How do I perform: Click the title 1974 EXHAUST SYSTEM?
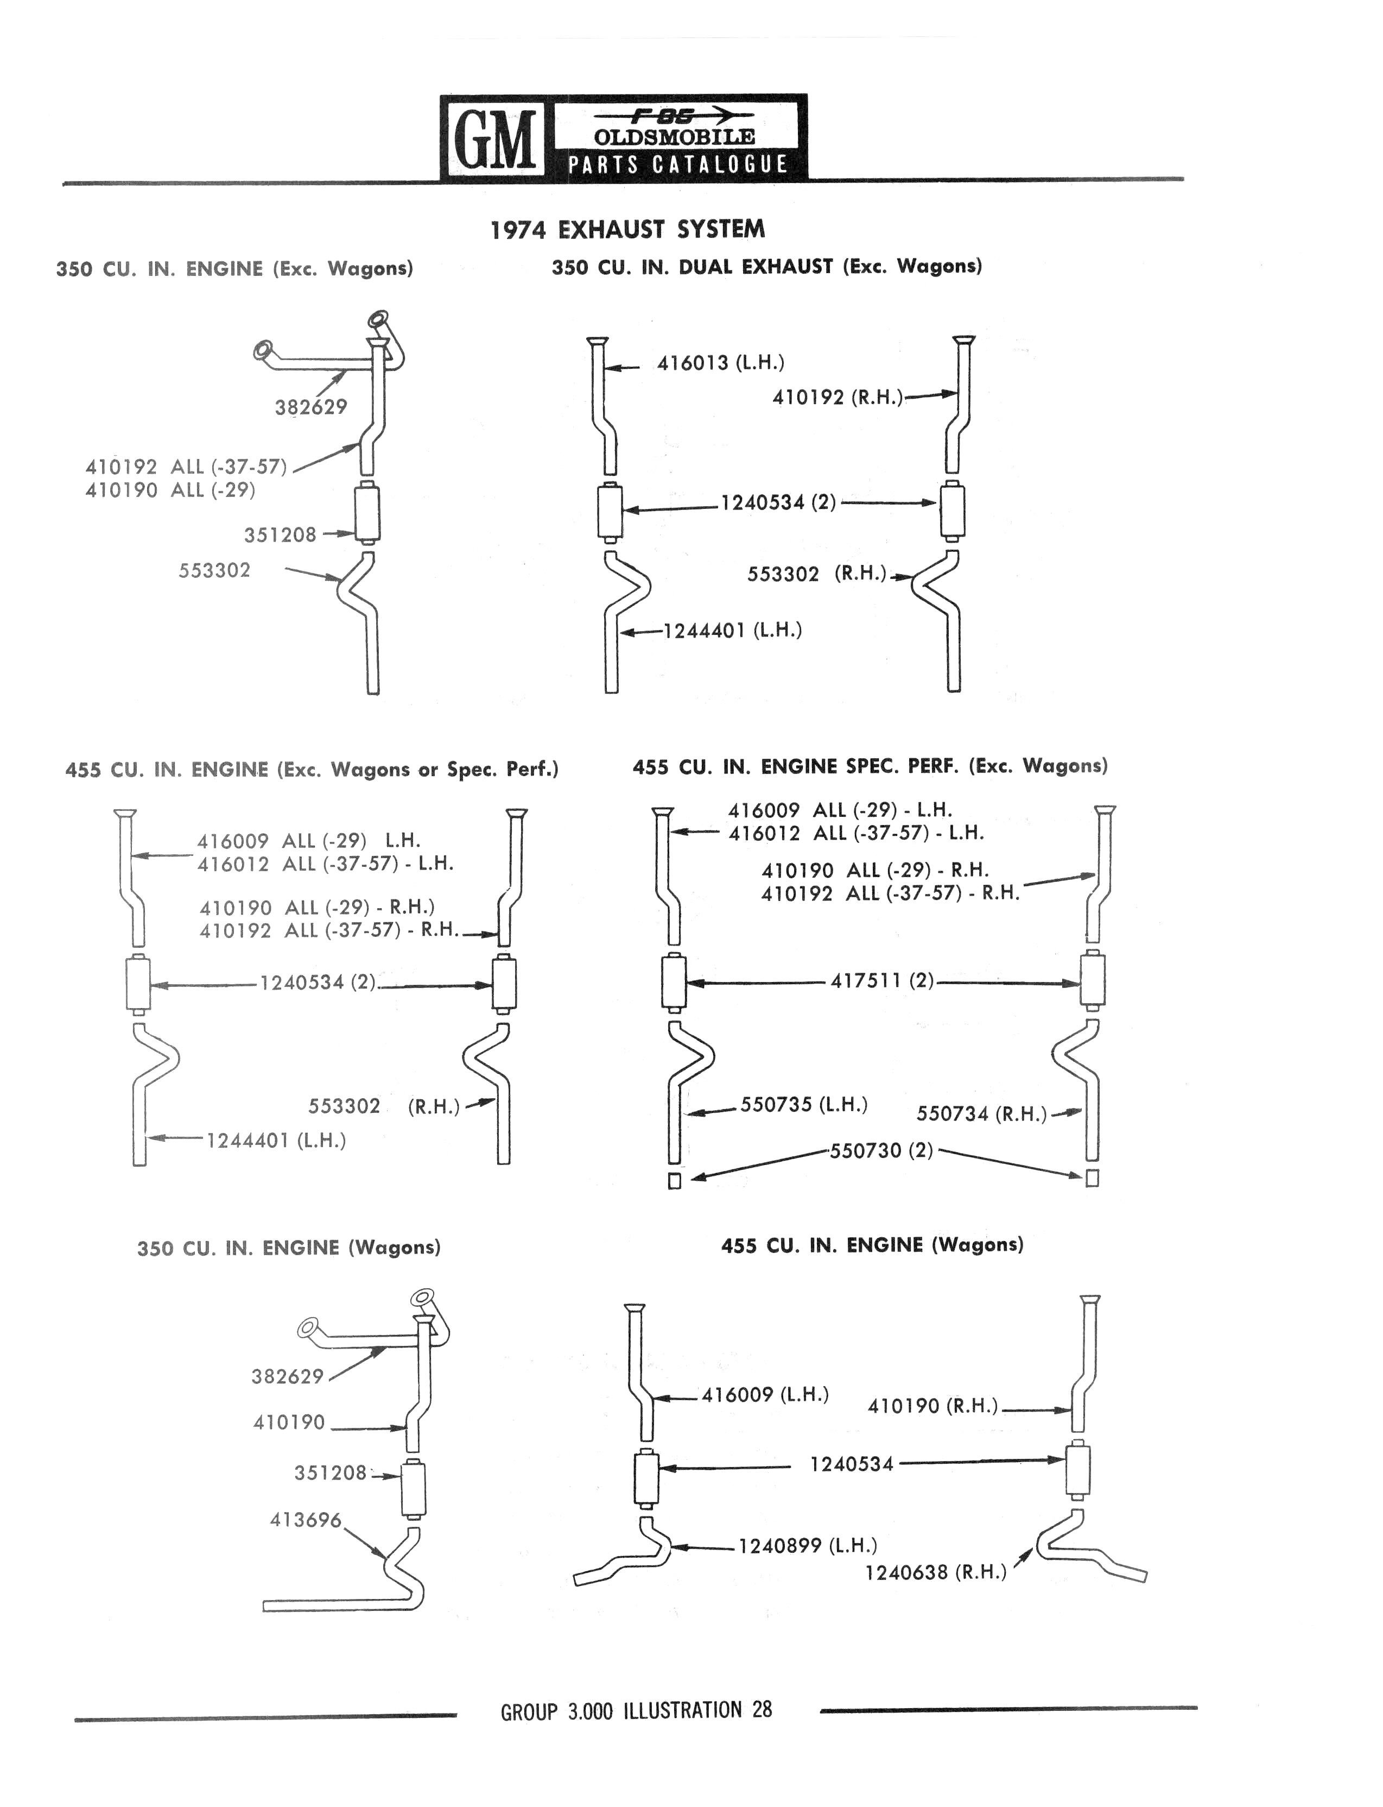(627, 229)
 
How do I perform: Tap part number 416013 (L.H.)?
(720, 362)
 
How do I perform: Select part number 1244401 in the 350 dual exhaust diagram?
(704, 631)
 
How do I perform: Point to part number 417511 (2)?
(881, 981)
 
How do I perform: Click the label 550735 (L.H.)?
(803, 1105)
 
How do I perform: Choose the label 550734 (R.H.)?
(981, 1115)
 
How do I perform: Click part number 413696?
(306, 1520)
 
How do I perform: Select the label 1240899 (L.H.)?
(808, 1546)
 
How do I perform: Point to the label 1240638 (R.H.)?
(935, 1573)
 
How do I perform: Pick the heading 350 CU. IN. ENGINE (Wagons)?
(289, 1248)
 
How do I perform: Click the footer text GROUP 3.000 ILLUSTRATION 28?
(636, 1711)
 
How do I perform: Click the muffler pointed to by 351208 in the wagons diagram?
(413, 1488)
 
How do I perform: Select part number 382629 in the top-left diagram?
(311, 407)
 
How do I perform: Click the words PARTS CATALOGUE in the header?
(677, 164)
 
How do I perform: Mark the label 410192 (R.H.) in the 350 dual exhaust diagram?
(837, 398)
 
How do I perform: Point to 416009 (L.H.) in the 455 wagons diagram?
(765, 1394)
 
